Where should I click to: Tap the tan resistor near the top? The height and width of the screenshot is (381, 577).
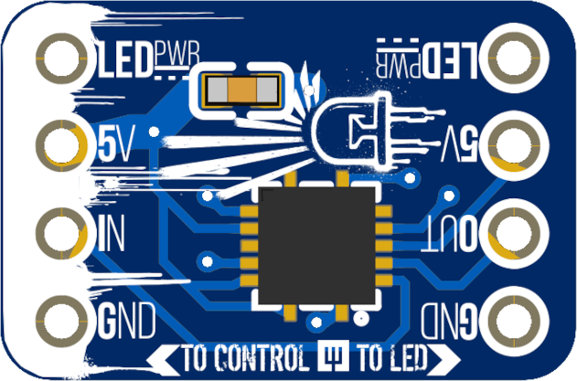click(x=242, y=90)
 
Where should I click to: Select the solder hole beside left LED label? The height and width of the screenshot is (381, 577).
click(x=62, y=57)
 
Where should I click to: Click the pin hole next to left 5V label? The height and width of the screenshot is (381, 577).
click(x=62, y=143)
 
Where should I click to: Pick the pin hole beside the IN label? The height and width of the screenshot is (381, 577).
click(x=62, y=231)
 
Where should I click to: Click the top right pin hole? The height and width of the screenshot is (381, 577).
click(x=518, y=57)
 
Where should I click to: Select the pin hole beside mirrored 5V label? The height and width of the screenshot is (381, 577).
click(x=518, y=143)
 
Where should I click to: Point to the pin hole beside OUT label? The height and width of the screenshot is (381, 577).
click(x=518, y=231)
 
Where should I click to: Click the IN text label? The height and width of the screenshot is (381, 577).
click(x=111, y=232)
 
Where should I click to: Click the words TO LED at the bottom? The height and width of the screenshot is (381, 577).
click(x=389, y=355)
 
